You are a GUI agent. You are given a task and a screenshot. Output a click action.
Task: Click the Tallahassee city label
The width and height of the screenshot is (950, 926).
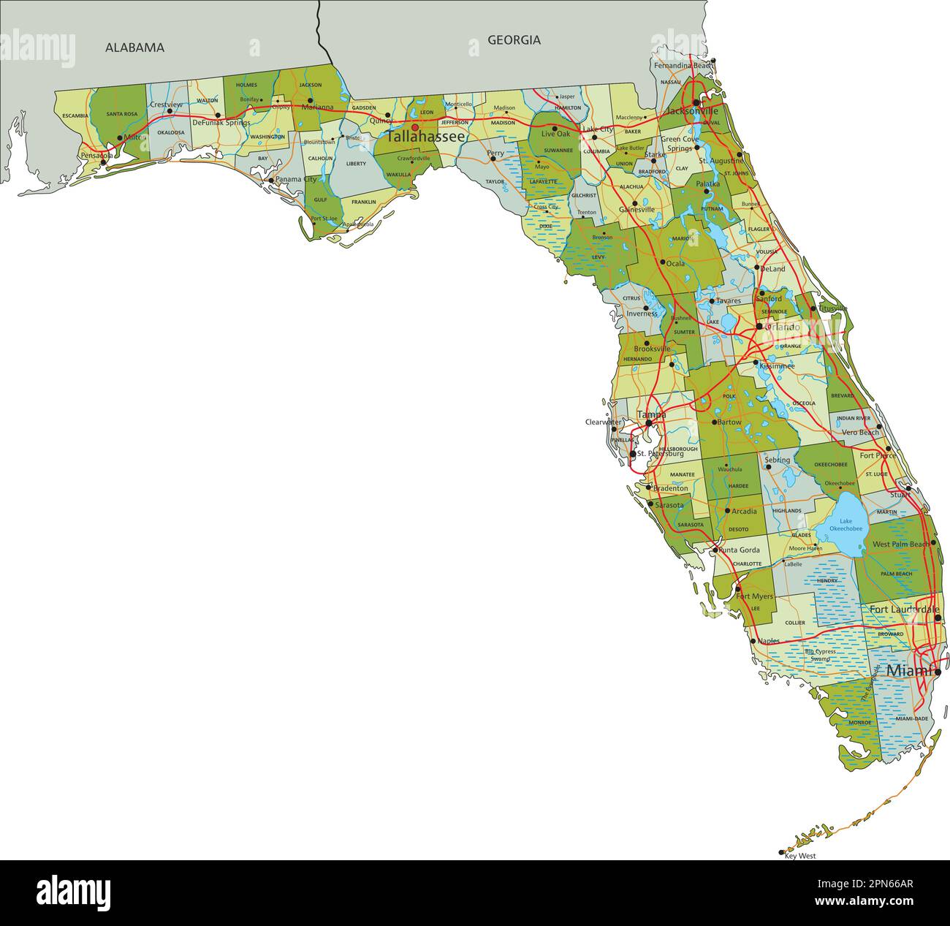426,137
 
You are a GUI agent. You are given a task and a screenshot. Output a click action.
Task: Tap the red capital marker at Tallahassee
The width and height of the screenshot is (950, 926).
415,126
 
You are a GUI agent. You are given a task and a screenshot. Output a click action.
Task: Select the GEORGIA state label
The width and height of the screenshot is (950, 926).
514,40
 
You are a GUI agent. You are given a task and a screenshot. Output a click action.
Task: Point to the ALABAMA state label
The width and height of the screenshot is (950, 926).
134,48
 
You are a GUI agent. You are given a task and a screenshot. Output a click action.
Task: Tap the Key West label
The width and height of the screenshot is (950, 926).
799,856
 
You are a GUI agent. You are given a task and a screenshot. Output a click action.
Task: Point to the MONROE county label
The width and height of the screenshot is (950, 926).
859,723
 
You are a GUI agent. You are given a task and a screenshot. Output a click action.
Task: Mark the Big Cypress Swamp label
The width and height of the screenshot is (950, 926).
821,655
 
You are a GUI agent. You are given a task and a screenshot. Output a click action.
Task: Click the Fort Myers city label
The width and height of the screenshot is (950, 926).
754,596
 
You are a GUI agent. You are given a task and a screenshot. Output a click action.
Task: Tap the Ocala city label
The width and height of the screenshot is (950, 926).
675,263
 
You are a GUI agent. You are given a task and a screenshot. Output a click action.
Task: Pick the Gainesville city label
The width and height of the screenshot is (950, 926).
636,209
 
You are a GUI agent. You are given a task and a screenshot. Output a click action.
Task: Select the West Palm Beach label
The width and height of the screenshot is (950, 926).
900,544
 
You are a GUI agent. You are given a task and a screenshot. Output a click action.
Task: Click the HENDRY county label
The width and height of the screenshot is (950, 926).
826,580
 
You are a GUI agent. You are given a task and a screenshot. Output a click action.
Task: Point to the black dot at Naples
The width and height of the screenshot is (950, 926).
753,641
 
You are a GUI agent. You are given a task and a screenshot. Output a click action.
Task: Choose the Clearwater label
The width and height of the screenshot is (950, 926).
603,422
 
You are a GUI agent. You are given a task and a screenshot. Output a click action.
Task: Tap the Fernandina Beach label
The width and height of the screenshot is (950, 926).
683,66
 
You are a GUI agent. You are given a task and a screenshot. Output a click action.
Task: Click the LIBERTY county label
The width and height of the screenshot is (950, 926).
356,164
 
